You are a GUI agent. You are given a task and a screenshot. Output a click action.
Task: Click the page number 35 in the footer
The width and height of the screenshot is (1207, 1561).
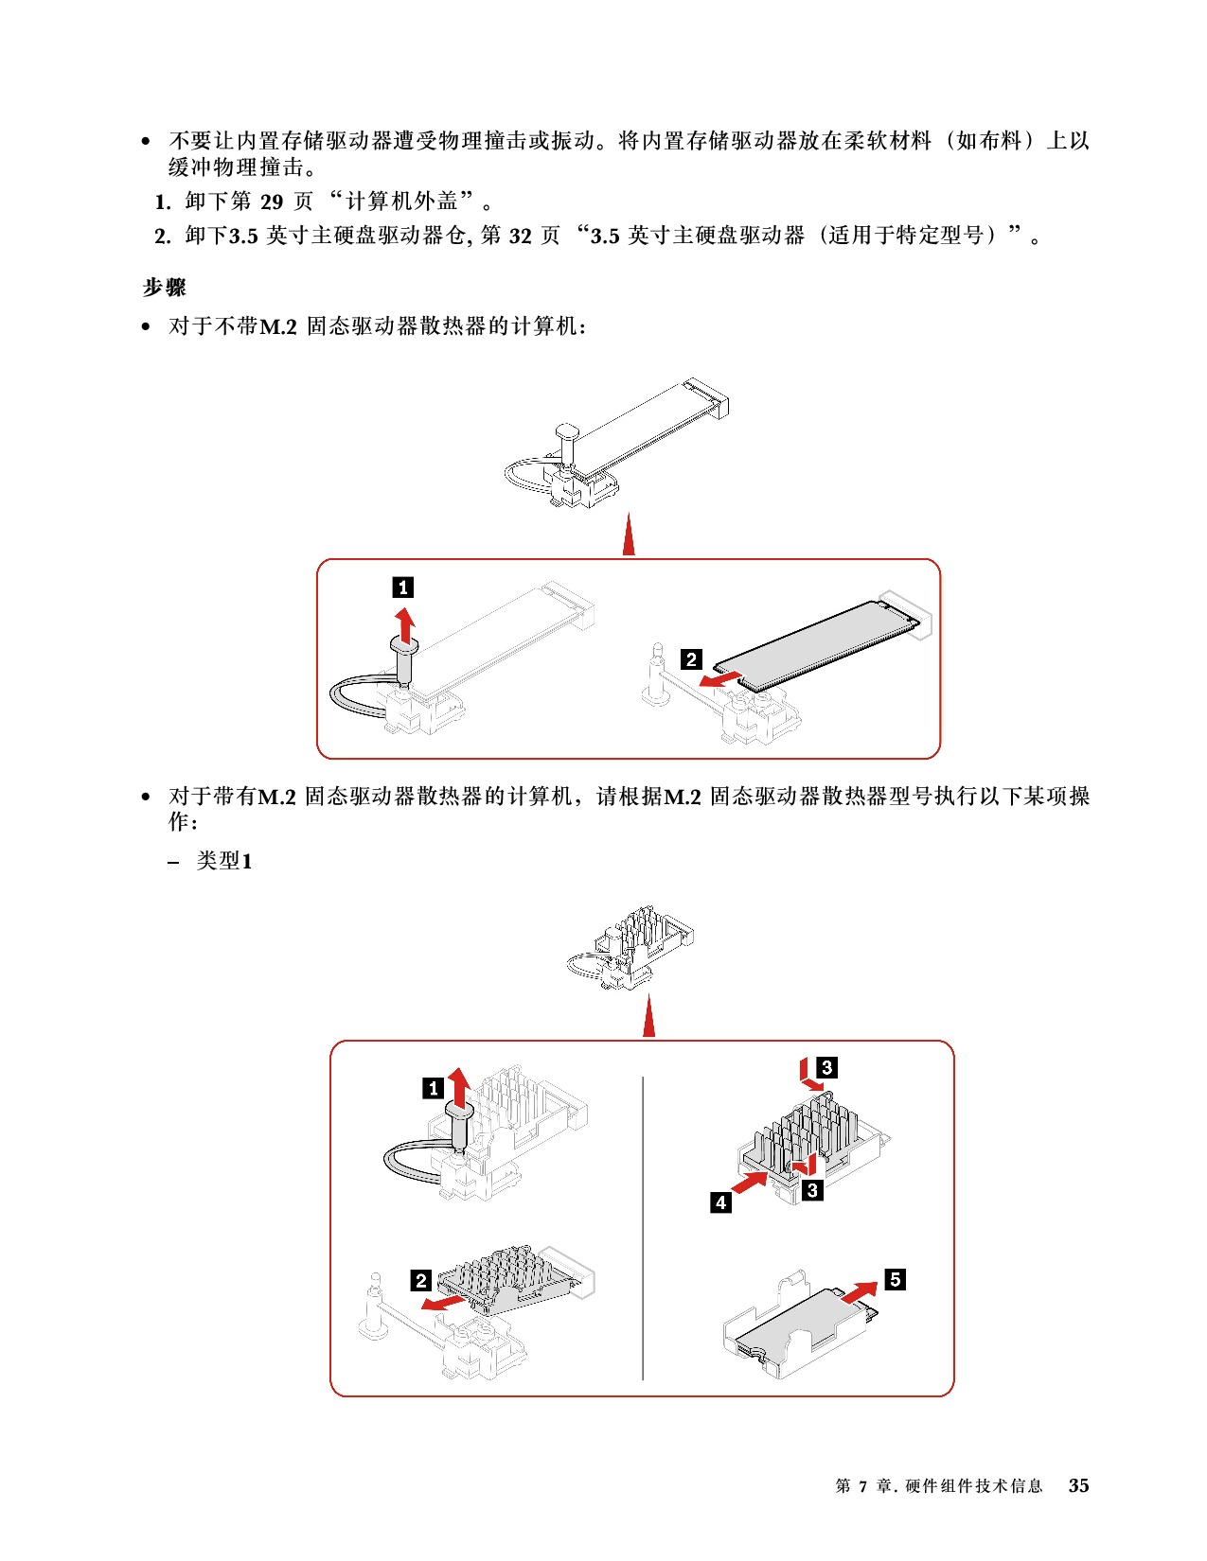1078,1485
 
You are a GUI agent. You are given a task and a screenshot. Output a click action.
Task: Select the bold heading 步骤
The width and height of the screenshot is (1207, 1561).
164,288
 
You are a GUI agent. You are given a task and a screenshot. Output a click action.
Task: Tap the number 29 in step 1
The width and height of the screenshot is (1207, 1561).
272,202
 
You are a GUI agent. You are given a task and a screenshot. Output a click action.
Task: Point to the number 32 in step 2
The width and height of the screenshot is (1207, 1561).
521,236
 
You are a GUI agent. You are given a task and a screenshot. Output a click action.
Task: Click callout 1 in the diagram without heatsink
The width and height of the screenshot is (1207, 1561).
402,588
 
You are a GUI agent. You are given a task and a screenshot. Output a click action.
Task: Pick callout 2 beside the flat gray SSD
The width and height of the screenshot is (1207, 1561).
691,659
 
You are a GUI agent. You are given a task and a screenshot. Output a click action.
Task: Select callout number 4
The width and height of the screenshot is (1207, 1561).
721,1202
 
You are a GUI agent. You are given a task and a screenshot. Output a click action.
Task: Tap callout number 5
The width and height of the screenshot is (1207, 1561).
895,1279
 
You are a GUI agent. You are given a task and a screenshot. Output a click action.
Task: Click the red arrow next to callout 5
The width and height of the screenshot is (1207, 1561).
859,1292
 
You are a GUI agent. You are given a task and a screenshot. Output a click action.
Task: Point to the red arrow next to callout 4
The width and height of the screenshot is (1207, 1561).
750,1182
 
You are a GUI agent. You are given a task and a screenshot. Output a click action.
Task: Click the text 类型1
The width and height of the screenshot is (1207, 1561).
224,861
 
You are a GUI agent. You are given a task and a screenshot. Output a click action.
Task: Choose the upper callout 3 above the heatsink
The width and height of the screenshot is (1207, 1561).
826,1067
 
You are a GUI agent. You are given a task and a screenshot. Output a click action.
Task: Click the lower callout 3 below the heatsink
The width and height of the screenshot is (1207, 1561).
812,1190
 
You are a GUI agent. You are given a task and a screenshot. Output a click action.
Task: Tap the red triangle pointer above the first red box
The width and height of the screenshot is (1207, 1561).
629,534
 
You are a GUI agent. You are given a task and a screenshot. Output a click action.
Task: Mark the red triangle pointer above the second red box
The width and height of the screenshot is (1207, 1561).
649,1015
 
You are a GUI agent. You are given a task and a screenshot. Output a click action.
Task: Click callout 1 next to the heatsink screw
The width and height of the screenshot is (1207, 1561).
433,1088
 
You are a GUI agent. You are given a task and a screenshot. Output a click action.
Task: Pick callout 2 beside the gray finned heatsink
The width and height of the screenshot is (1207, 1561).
421,1280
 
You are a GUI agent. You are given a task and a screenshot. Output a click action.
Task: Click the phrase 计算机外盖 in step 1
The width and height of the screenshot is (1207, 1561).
401,202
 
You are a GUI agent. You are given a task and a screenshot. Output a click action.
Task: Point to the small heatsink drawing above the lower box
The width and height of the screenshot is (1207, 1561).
630,948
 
